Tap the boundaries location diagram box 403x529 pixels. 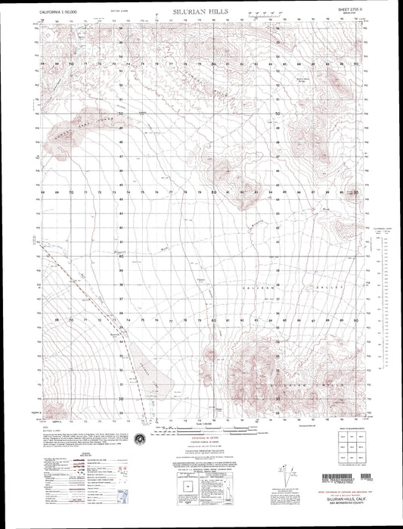point(184,499)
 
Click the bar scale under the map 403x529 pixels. point(200,429)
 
